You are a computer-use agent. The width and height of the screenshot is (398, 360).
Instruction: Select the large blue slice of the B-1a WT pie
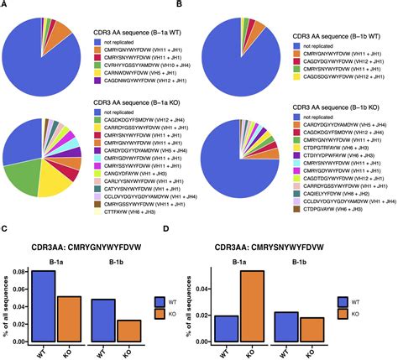[x=50, y=63]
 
